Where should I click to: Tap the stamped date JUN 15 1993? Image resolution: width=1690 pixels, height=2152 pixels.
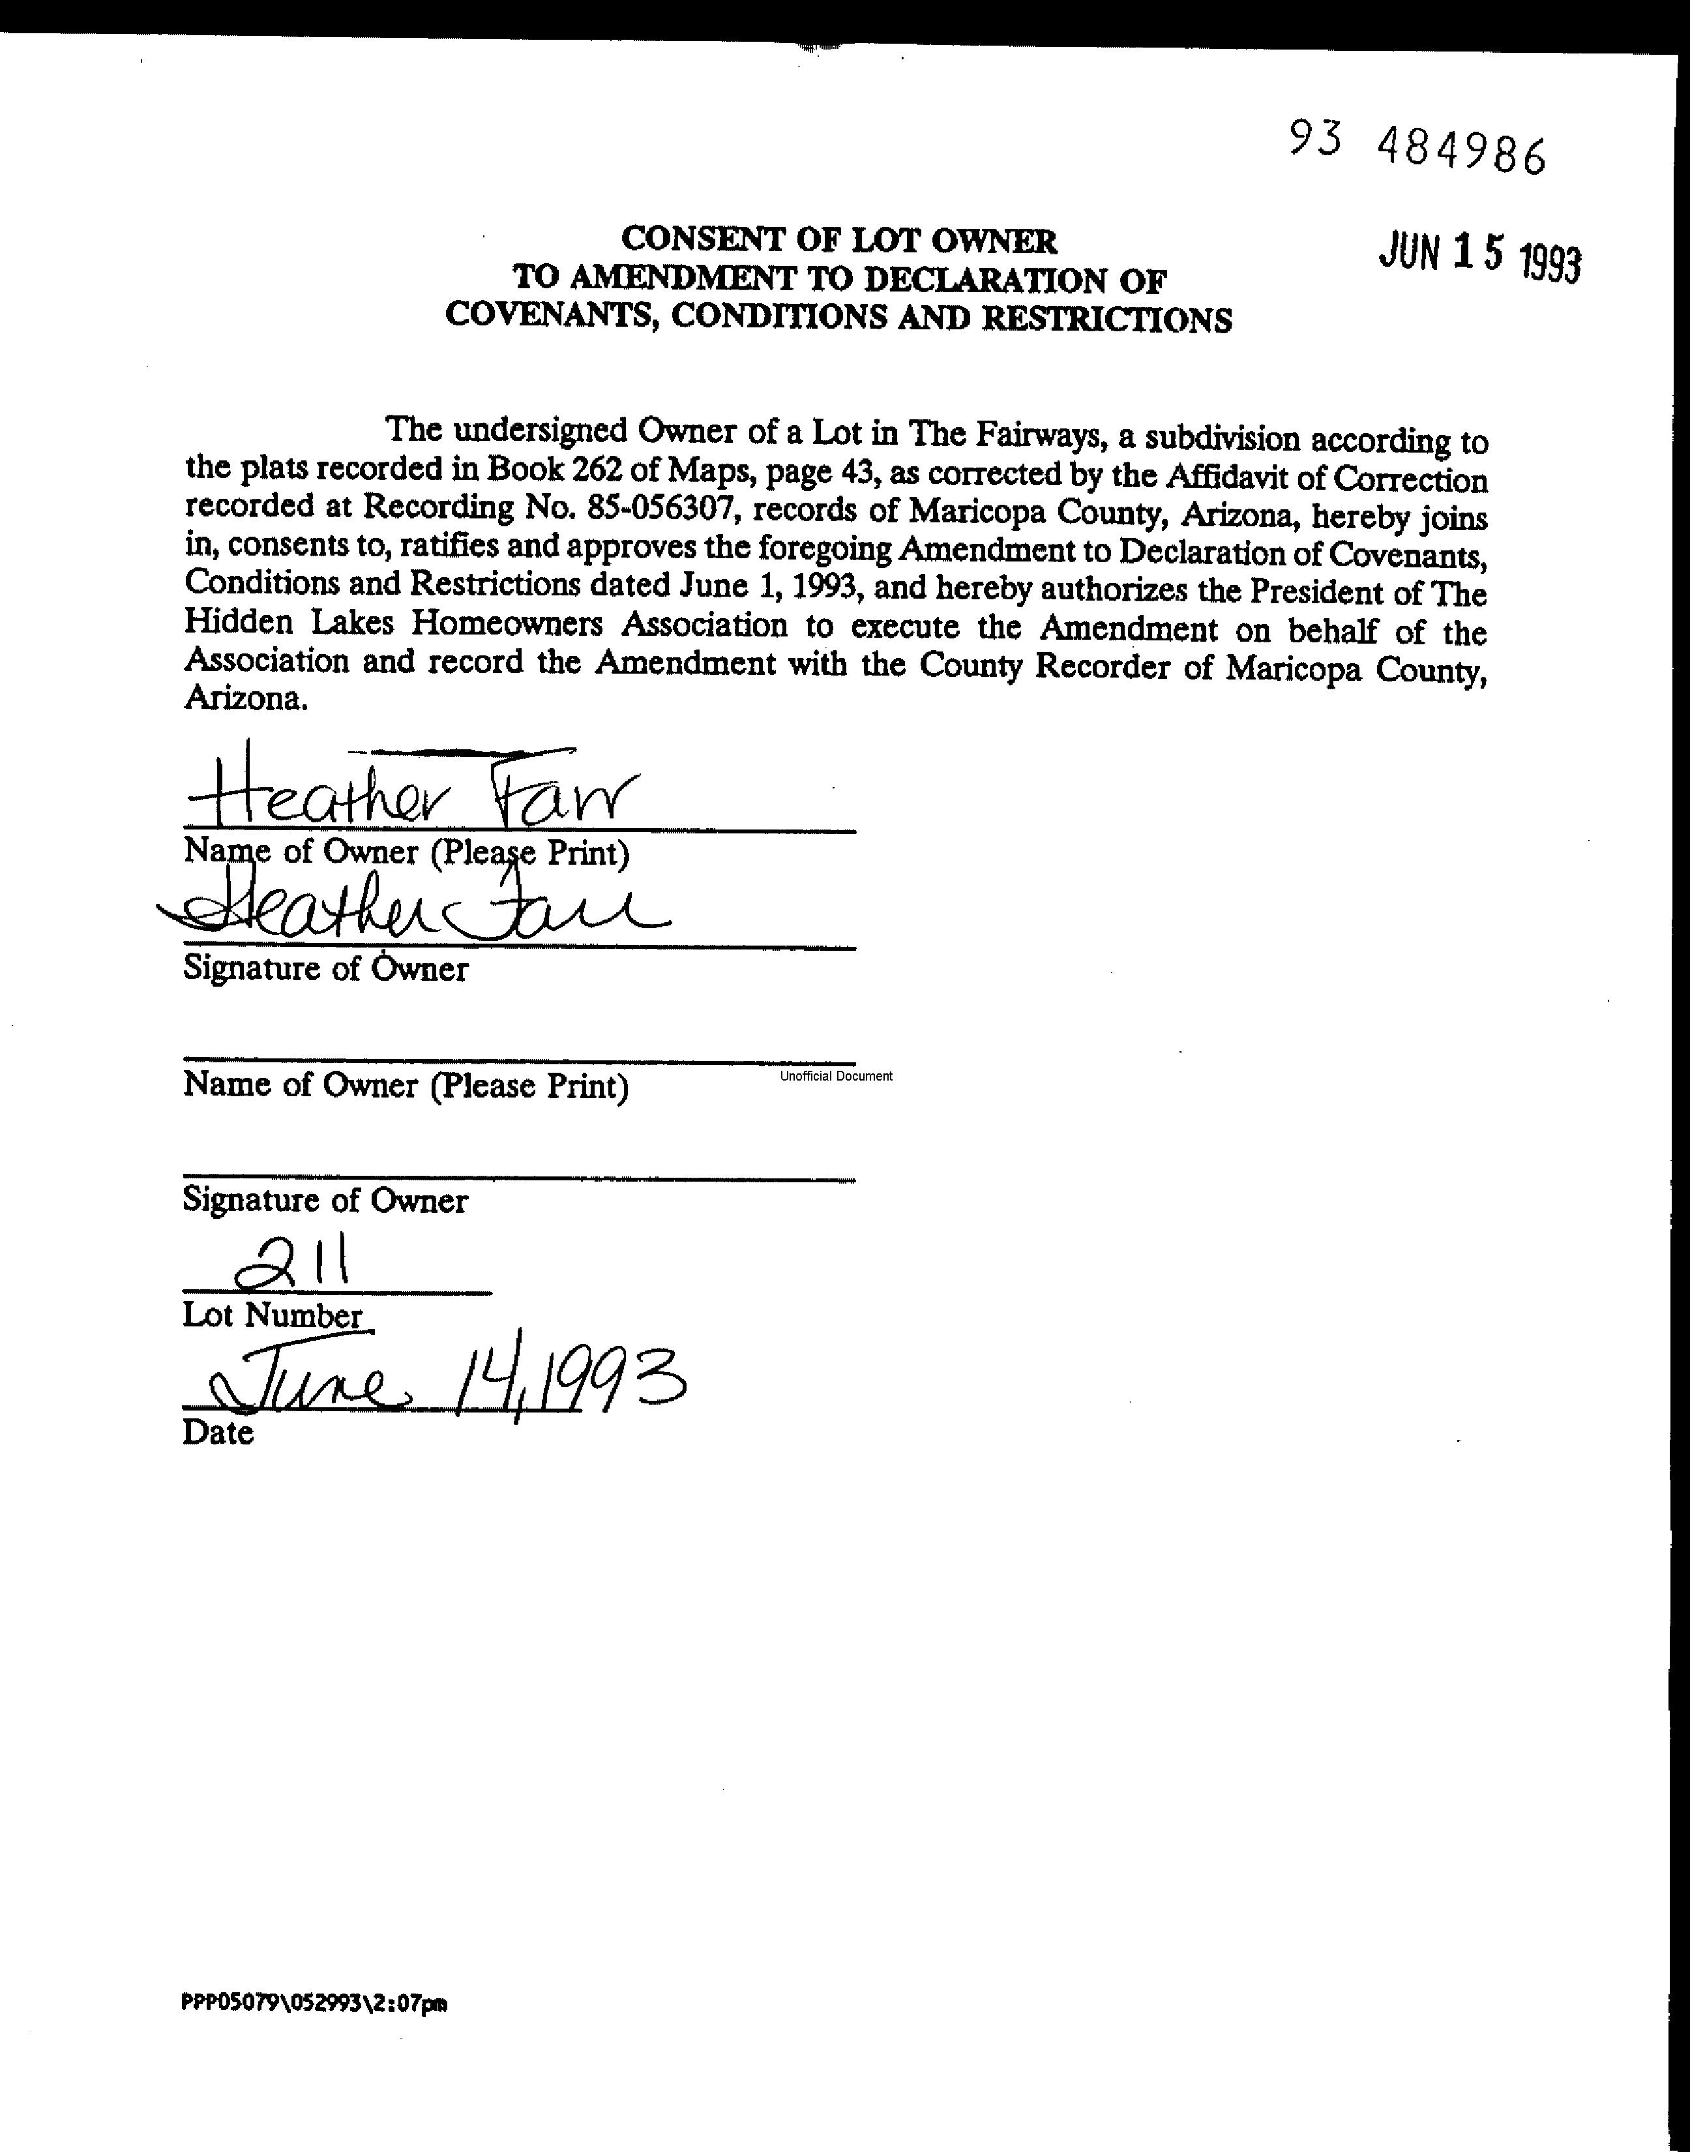point(1479,257)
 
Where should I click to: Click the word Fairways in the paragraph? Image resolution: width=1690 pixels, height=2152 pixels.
point(1039,436)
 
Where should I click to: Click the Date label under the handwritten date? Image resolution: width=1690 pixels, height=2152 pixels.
point(218,1433)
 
